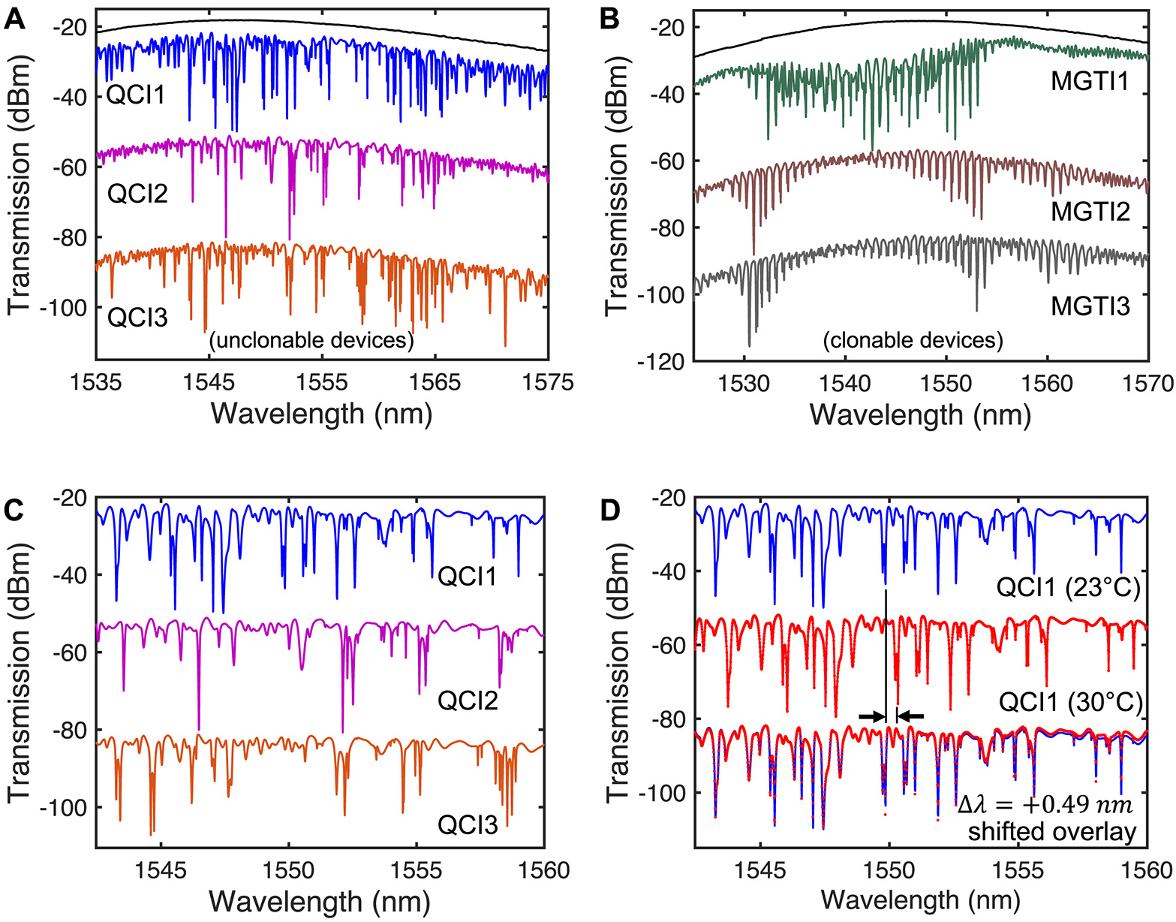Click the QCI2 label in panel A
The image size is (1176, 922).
tap(137, 194)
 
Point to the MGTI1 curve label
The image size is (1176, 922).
tap(1090, 81)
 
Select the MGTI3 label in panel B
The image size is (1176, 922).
tap(1090, 306)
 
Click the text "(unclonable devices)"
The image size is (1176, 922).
tap(311, 340)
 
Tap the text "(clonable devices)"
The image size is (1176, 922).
tap(913, 340)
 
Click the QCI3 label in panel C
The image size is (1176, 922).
tap(468, 825)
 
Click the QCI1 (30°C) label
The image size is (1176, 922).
tap(1070, 704)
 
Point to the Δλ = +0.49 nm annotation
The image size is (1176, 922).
tap(1045, 805)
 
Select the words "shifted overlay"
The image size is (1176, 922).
tap(1052, 832)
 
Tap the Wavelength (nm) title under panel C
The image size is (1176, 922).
tap(320, 900)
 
